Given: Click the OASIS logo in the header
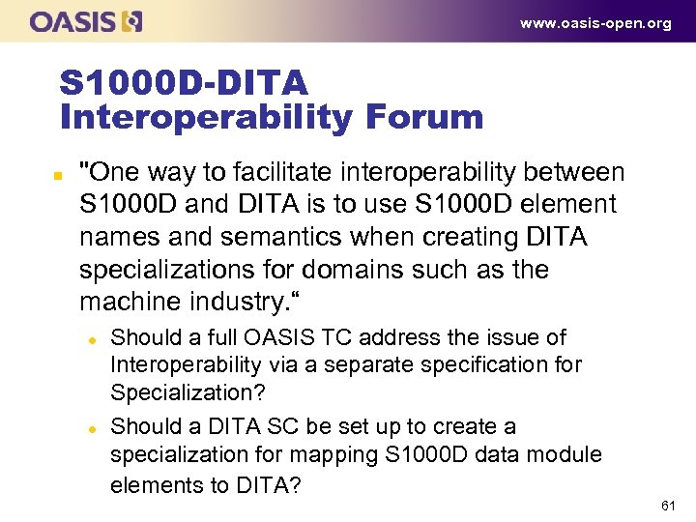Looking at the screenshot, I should coord(86,21).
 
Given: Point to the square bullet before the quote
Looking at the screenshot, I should coord(57,175).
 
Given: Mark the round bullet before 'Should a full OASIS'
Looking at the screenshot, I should coord(90,339).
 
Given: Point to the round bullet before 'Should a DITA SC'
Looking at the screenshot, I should coord(90,428).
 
